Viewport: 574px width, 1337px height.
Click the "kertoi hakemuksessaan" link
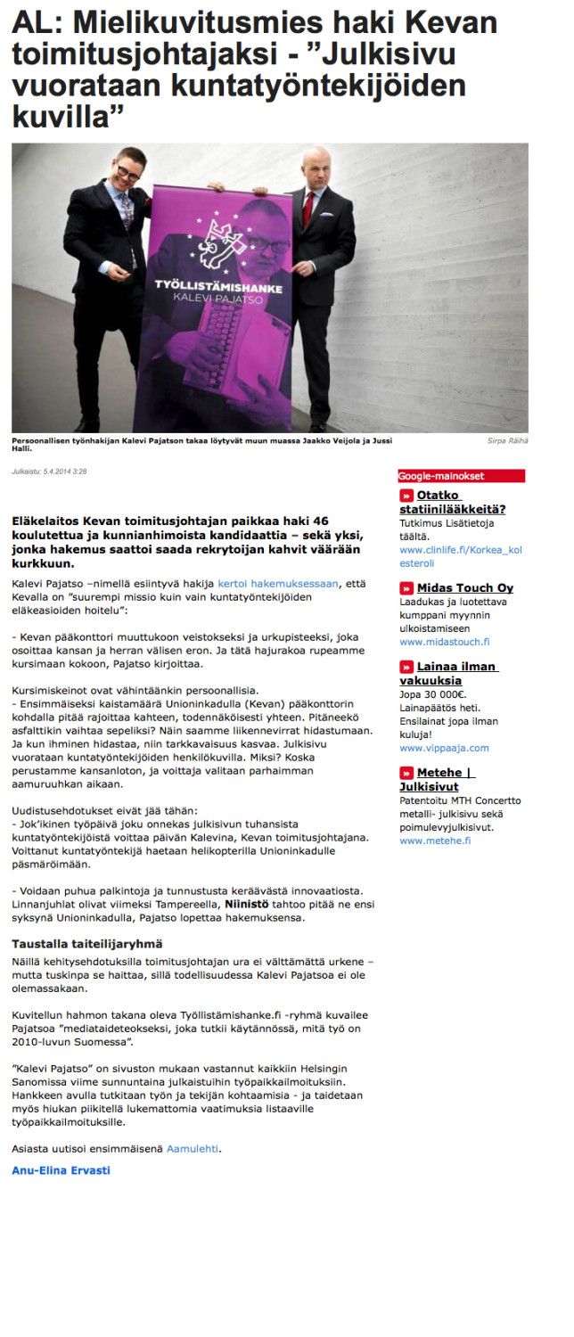click(279, 583)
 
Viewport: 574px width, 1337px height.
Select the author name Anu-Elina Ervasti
click(61, 1170)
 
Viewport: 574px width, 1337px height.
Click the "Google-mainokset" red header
click(461, 476)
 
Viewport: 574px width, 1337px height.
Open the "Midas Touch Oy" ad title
click(464, 587)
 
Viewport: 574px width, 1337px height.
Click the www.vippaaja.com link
click(444, 748)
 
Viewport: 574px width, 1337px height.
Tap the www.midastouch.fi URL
click(444, 642)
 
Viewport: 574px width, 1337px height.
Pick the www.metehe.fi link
click(435, 841)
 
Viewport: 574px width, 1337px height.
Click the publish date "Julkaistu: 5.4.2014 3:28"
click(49, 472)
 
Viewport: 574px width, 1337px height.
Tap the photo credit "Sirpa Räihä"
click(508, 440)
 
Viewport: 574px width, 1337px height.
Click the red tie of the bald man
click(308, 204)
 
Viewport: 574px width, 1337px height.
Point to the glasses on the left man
click(127, 172)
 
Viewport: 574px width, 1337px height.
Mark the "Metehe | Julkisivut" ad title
click(437, 779)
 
